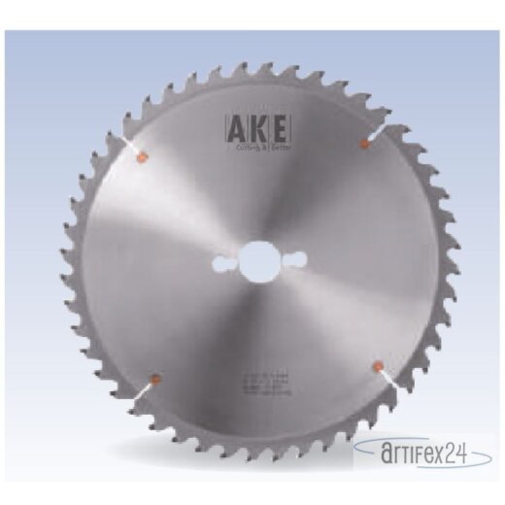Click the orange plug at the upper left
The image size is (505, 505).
pos(143,154)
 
